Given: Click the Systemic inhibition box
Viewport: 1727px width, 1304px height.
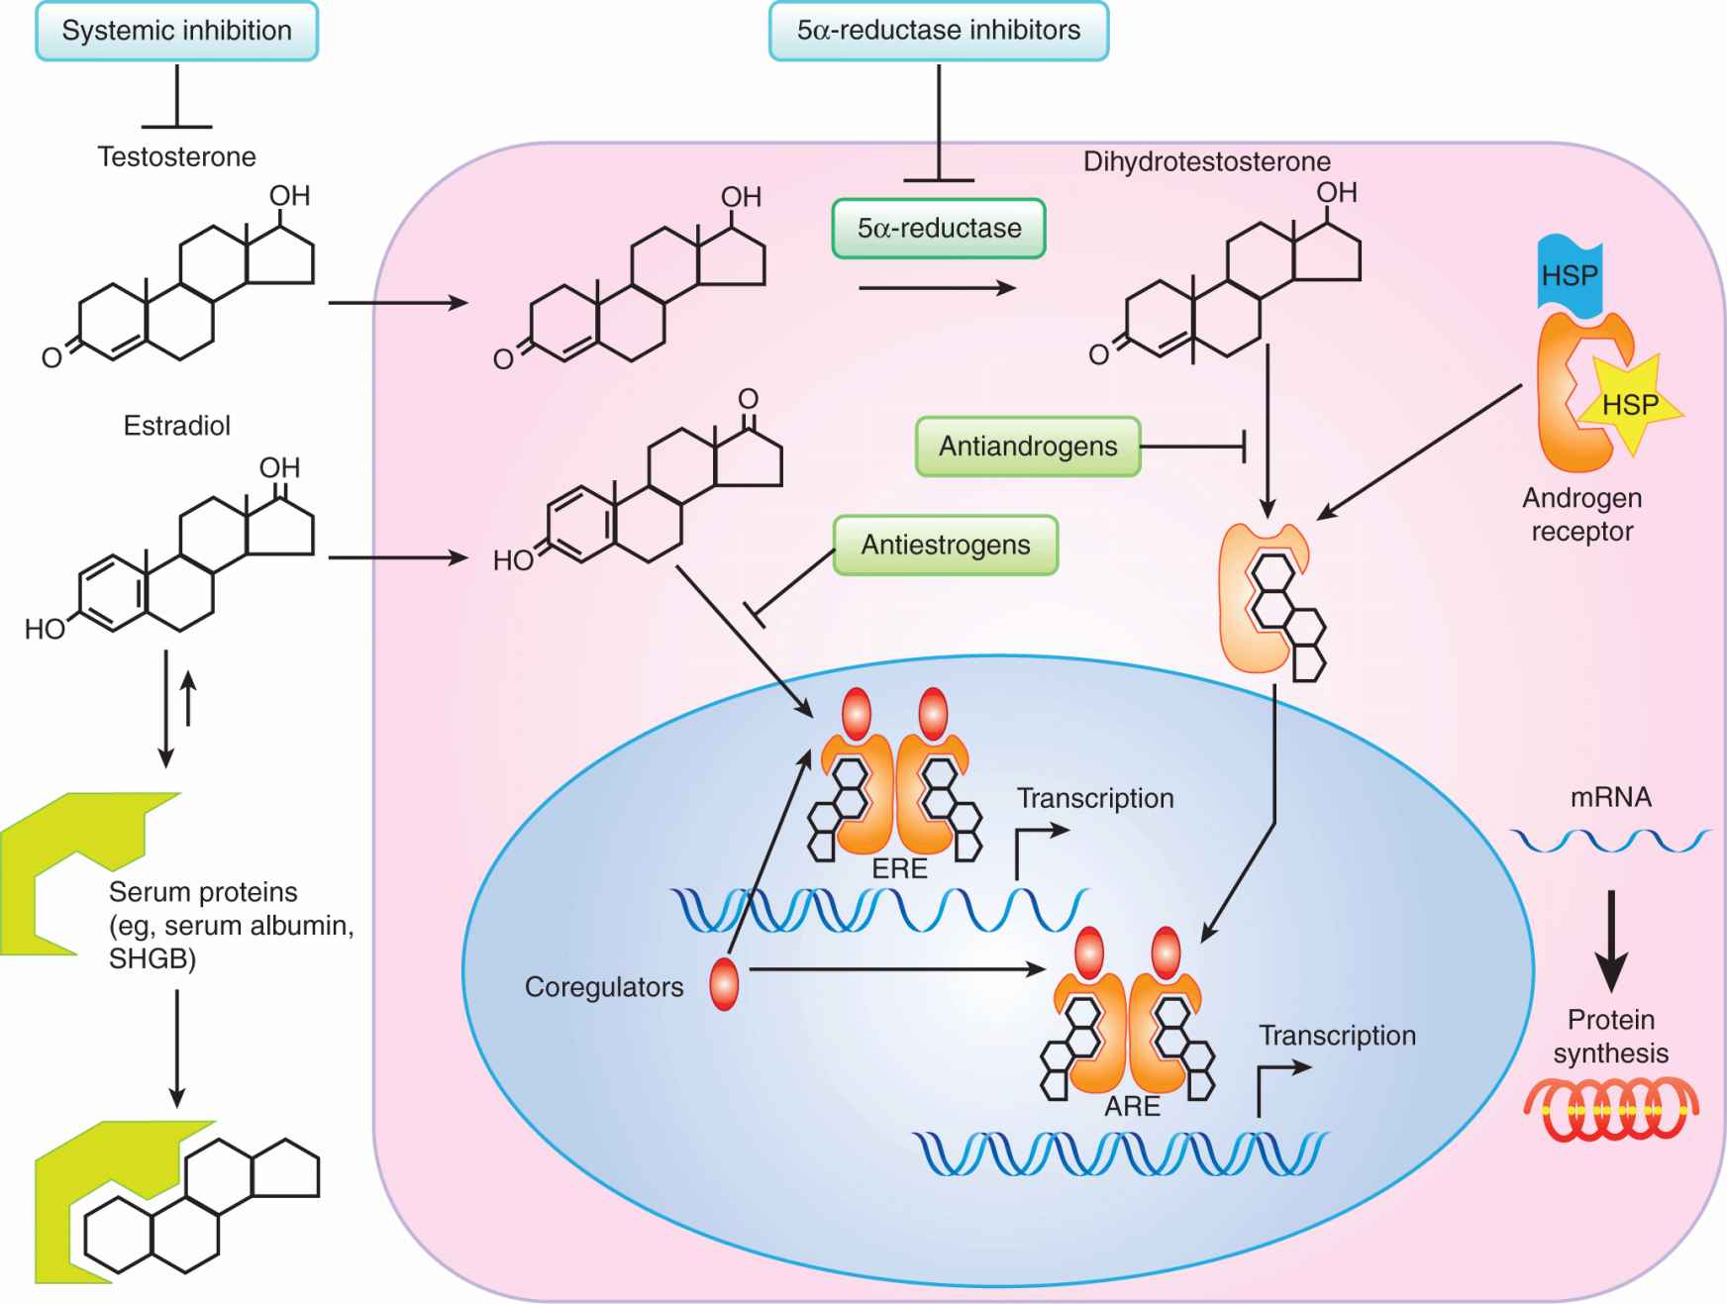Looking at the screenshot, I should point(176,31).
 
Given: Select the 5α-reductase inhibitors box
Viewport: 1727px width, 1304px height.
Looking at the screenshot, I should point(938,31).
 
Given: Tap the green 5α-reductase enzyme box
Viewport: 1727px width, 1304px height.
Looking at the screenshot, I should point(939,229).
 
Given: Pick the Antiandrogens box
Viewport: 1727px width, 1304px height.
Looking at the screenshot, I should point(1028,447).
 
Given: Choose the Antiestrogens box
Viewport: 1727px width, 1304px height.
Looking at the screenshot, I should point(945,545).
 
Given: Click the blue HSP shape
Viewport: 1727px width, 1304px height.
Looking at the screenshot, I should point(1570,275).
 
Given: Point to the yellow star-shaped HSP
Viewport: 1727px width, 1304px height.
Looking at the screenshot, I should point(1630,403).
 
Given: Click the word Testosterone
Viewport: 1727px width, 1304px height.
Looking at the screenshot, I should point(176,156).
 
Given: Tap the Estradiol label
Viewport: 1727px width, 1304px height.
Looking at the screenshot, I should point(176,426).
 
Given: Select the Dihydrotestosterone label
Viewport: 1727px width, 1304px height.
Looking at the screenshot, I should point(1206,161).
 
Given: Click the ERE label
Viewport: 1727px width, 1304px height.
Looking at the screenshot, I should point(899,868).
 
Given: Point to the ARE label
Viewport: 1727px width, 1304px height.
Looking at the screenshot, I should point(1132,1106).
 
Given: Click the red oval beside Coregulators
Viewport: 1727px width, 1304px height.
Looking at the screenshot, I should point(724,984).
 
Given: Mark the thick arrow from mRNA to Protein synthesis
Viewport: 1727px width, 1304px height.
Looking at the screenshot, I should point(1611,941).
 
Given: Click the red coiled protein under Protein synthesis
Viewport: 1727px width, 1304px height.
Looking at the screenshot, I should point(1611,1110).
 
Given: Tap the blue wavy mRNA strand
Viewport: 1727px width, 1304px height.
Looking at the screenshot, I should point(1610,841).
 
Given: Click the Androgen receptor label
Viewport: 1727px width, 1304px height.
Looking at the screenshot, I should point(1581,515).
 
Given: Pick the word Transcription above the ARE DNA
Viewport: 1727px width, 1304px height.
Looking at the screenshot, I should point(1337,1036).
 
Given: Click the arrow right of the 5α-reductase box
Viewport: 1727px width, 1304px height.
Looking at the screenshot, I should point(937,288).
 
